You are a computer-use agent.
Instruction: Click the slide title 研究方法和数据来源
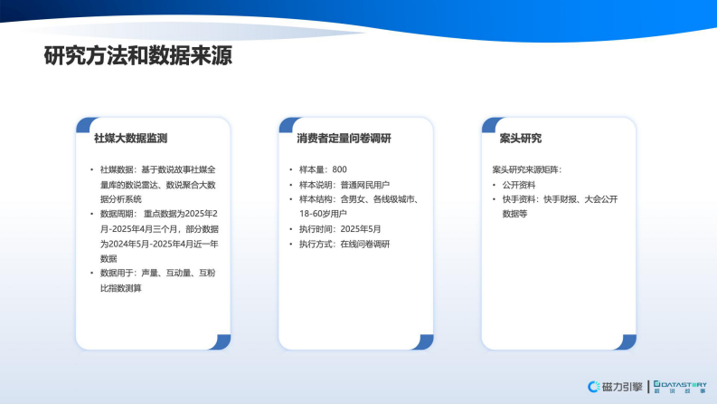point(138,55)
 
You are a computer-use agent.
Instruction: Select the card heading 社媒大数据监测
point(130,139)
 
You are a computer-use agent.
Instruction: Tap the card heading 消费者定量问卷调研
point(344,139)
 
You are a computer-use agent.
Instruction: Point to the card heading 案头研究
point(520,139)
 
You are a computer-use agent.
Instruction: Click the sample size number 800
point(340,169)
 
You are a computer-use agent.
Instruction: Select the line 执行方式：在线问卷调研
point(344,245)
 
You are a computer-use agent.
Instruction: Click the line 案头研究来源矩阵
point(527,169)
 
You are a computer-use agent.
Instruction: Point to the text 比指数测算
point(121,288)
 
